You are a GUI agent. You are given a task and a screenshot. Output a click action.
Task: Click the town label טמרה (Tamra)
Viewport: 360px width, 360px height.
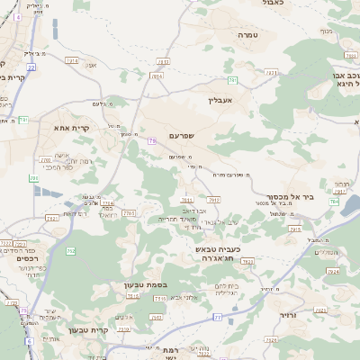point(248,34)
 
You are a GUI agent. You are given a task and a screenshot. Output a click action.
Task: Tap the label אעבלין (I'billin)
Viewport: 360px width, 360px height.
point(220,100)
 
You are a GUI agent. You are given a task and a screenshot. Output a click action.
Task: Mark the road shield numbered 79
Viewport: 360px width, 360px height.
point(152,140)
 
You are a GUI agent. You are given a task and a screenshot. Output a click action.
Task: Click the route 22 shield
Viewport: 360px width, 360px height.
point(31,67)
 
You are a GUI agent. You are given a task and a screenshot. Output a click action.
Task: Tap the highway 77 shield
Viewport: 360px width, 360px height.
point(217,317)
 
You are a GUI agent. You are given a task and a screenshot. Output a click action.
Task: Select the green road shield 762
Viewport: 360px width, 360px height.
point(34,178)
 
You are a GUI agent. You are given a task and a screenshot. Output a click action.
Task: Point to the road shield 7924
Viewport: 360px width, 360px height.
point(333,270)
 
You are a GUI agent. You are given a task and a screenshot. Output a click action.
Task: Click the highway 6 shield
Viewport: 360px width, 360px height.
point(29,341)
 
